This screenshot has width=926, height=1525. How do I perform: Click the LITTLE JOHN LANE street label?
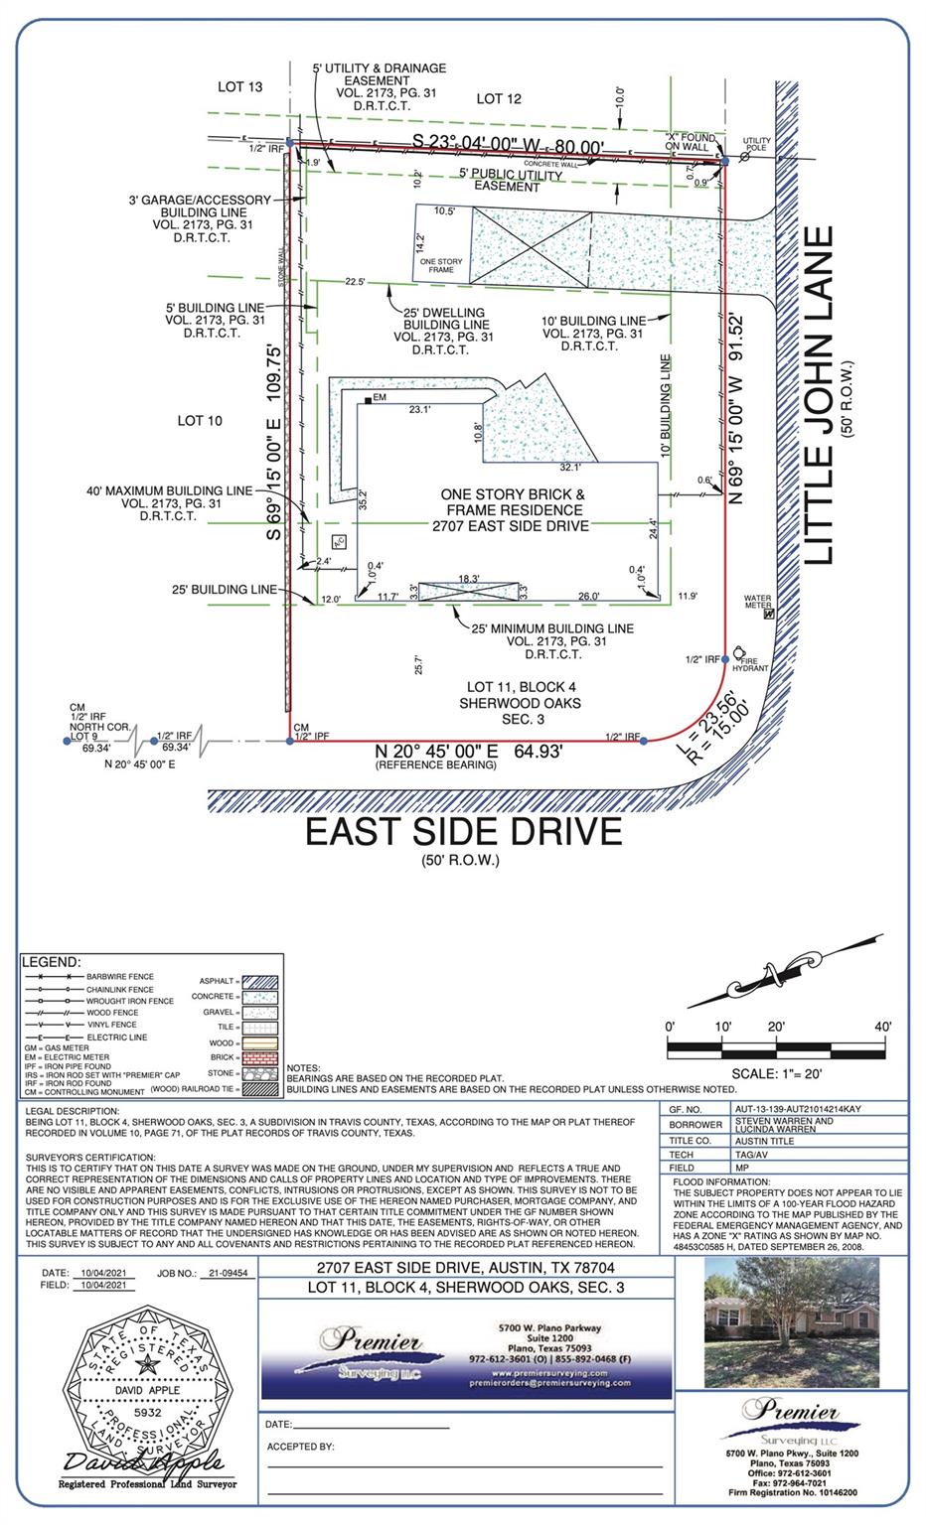coord(821,395)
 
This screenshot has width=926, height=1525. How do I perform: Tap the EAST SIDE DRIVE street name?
coord(463,831)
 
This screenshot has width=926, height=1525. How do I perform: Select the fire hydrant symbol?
coord(740,651)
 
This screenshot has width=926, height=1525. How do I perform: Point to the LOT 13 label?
coord(240,87)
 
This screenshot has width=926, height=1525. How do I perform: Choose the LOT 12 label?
coord(499,98)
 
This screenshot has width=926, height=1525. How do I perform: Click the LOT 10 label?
coord(200,420)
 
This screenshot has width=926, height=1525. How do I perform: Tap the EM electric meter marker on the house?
coord(368,399)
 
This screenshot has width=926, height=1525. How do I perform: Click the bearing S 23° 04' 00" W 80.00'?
coord(507,146)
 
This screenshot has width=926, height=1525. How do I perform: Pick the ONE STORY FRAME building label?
coord(440,265)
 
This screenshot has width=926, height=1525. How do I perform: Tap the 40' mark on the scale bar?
coord(883,1027)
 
